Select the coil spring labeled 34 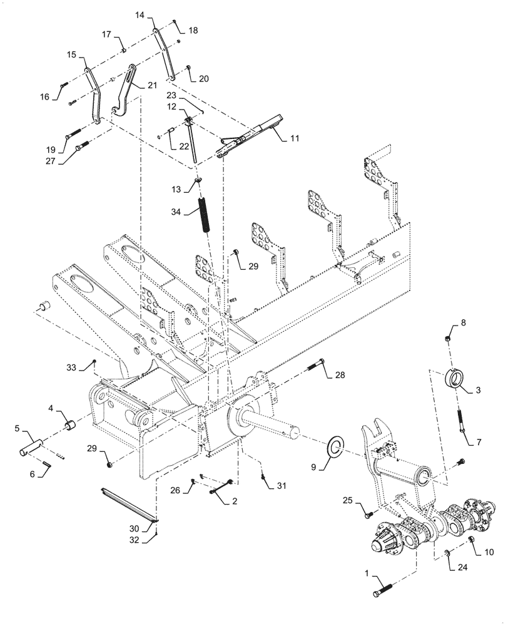(x=205, y=215)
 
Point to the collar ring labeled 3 (x=455, y=379)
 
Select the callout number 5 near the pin (x=18, y=430)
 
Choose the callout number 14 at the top (x=140, y=14)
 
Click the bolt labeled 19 (x=73, y=133)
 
